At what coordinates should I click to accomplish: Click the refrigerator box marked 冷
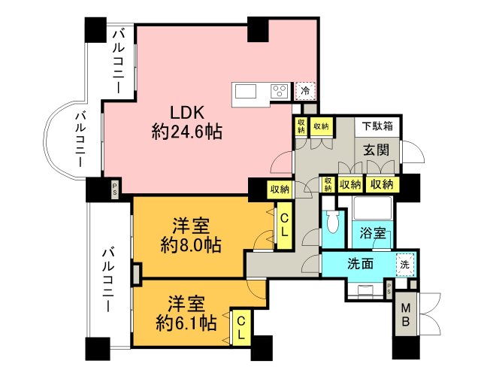305,90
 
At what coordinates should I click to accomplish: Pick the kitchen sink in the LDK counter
246,91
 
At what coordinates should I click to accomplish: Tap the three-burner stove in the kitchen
279,91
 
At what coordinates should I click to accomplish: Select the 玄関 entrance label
377,149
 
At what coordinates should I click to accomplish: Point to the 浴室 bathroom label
374,232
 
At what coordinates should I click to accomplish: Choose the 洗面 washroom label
361,264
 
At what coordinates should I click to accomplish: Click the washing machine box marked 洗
405,265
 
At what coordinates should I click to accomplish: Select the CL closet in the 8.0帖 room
284,226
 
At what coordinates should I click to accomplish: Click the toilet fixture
333,223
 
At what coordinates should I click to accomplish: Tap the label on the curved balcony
79,139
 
